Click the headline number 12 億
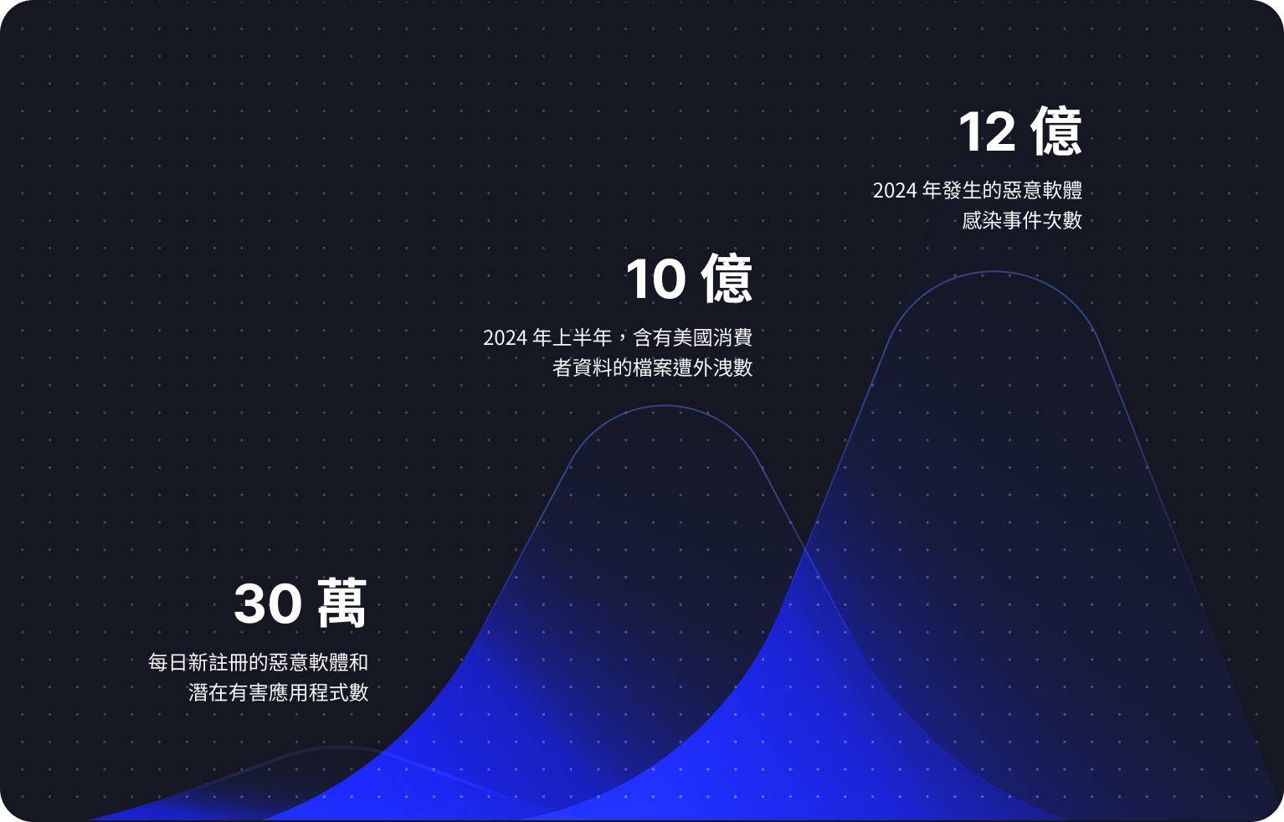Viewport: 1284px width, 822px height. pyautogui.click(x=1019, y=132)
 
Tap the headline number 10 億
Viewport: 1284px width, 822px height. pyautogui.click(x=689, y=280)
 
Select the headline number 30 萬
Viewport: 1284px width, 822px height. pyautogui.click(x=300, y=604)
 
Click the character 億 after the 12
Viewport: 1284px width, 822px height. pyautogui.click(x=1056, y=132)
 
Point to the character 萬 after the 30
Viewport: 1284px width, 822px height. pyautogui.click(x=342, y=604)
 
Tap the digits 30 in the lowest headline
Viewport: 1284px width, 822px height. pyautogui.click(x=268, y=604)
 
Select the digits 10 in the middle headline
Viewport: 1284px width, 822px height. pyautogui.click(x=656, y=280)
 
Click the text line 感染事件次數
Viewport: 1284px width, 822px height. pyautogui.click(x=1022, y=221)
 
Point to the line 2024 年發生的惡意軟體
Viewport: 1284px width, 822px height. pyautogui.click(x=977, y=191)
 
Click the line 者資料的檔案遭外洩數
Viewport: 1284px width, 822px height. pyautogui.click(x=652, y=367)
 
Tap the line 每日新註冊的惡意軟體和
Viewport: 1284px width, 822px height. pyautogui.click(x=258, y=663)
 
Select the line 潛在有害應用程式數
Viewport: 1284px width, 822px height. pyautogui.click(x=278, y=693)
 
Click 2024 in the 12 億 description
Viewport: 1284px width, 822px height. pyautogui.click(x=895, y=191)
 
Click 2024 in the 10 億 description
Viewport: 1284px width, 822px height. pyautogui.click(x=505, y=338)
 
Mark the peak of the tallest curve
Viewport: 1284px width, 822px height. pyautogui.click(x=994, y=271)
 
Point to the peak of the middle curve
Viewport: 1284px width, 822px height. pyautogui.click(x=664, y=406)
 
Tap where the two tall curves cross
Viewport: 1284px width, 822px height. pyautogui.click(x=805, y=548)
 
